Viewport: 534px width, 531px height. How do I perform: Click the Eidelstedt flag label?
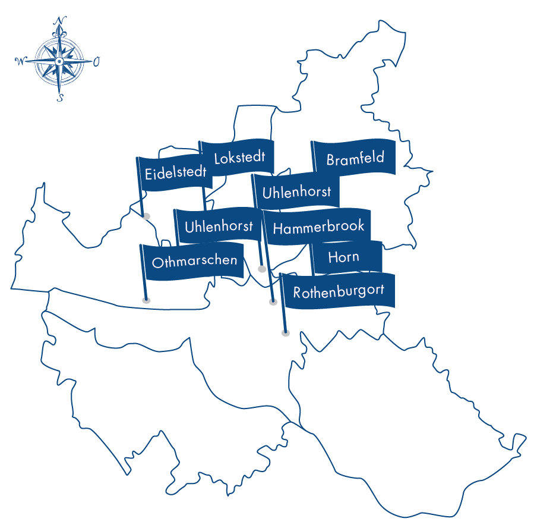(175, 173)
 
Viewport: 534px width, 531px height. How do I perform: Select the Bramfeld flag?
(355, 158)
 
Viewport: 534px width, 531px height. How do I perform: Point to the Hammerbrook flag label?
(318, 227)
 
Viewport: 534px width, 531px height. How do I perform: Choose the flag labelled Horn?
(344, 257)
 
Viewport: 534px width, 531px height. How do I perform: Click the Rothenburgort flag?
(339, 291)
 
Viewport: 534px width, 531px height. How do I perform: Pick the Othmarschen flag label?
(194, 261)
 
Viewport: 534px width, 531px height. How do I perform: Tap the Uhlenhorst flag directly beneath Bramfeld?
(296, 192)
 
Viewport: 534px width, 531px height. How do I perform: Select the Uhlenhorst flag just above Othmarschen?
(219, 226)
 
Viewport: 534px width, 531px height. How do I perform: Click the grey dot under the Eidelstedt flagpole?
(146, 216)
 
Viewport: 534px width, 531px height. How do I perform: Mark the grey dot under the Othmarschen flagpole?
(146, 300)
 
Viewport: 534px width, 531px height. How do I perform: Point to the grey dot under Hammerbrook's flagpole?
(273, 302)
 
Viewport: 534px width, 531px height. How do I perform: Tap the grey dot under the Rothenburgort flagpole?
(286, 334)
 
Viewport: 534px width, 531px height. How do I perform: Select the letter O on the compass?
(96, 61)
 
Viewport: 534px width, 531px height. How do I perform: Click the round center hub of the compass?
(59, 61)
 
